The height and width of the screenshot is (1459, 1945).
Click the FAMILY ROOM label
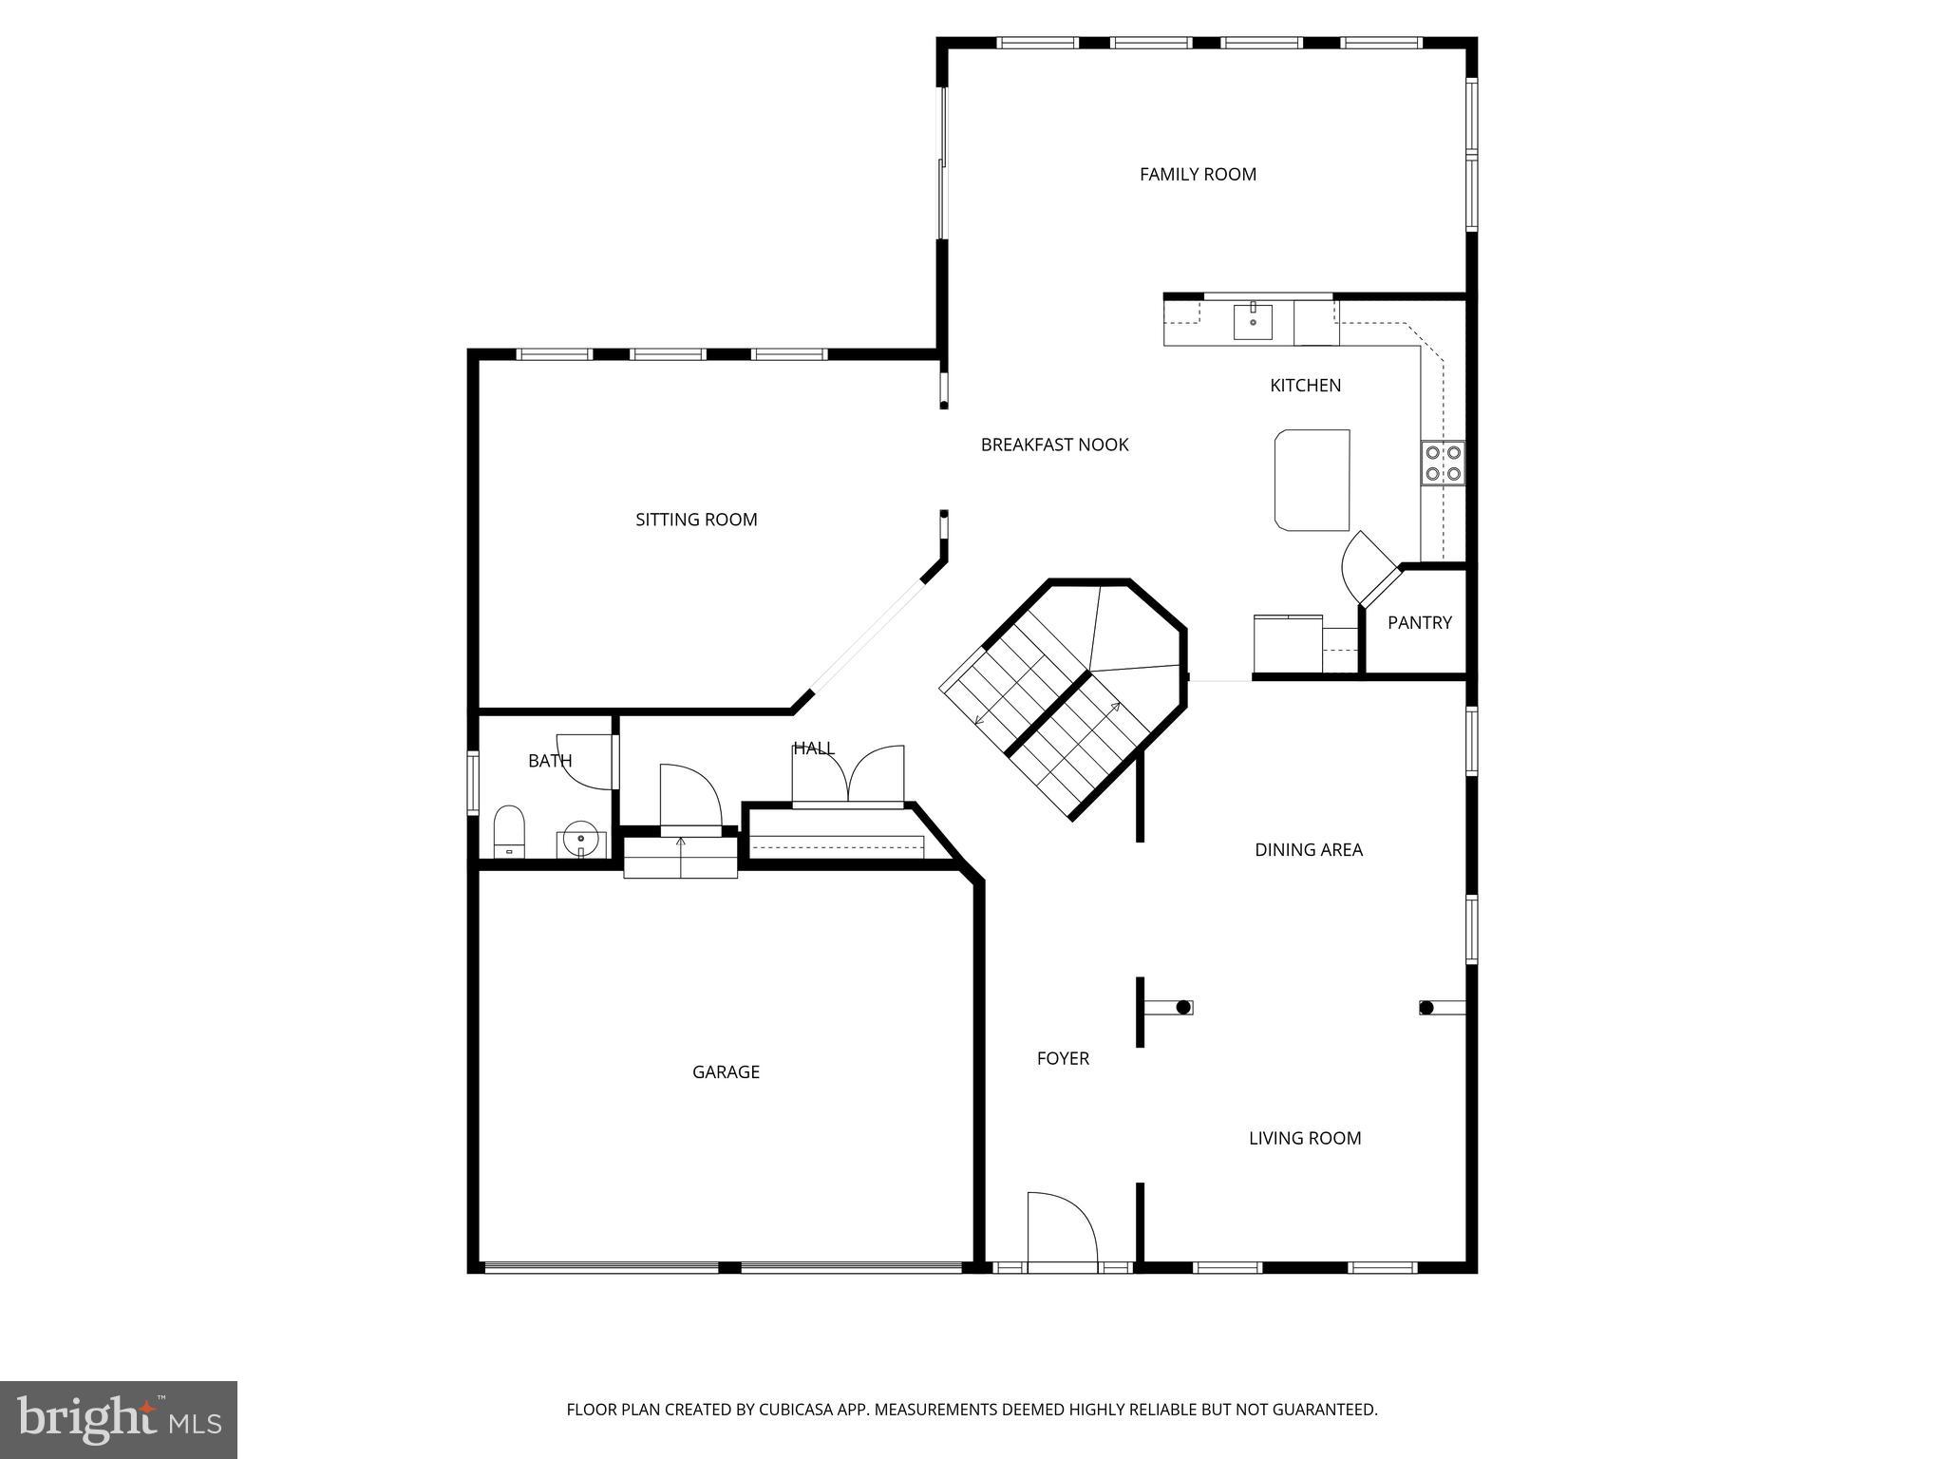1198,174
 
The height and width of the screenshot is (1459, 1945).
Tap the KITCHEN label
1305,385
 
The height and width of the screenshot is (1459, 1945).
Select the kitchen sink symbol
1254,321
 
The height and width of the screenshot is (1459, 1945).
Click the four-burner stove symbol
1442,463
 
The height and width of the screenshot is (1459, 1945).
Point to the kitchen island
1312,480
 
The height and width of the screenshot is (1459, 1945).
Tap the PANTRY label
1419,622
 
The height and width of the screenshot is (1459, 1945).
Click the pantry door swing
1364,566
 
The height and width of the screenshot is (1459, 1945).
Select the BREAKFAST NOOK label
1054,445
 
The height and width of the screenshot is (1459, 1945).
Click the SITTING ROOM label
696,520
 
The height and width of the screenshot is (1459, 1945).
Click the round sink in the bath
580,841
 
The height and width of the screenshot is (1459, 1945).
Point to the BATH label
550,761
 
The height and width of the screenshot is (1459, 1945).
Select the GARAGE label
726,1071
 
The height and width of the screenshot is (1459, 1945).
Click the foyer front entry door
1061,1232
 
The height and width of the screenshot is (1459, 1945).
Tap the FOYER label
1062,1058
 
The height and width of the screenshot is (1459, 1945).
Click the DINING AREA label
1308,850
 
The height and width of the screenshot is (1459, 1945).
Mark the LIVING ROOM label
1304,1138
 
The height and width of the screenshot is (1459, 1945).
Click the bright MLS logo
119,1419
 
